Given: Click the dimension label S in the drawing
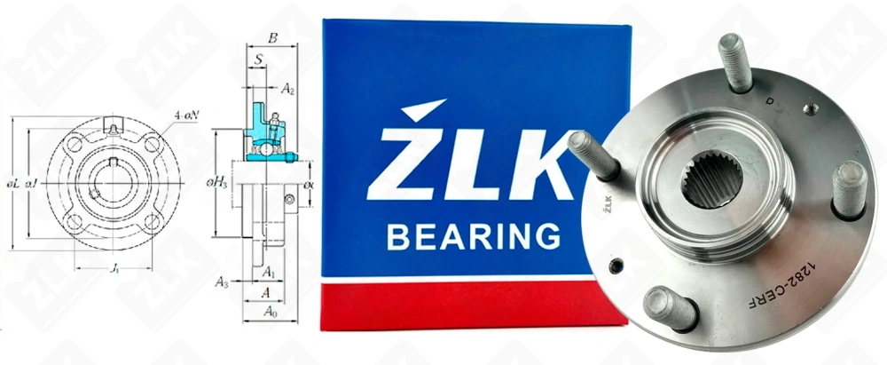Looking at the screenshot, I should click(x=257, y=60).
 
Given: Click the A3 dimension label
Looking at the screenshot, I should click(x=223, y=282).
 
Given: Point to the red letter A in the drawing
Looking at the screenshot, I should click(x=266, y=291).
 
